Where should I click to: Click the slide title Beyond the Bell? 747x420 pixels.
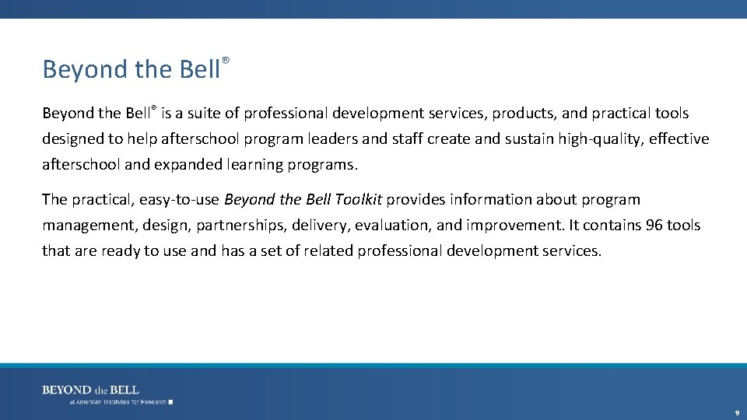[132, 69]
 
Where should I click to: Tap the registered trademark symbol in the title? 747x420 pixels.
[226, 60]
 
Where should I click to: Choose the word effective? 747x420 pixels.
[676, 139]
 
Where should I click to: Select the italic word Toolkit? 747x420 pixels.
[359, 200]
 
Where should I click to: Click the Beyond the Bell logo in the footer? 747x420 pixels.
[91, 390]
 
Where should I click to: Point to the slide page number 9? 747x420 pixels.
[736, 413]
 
